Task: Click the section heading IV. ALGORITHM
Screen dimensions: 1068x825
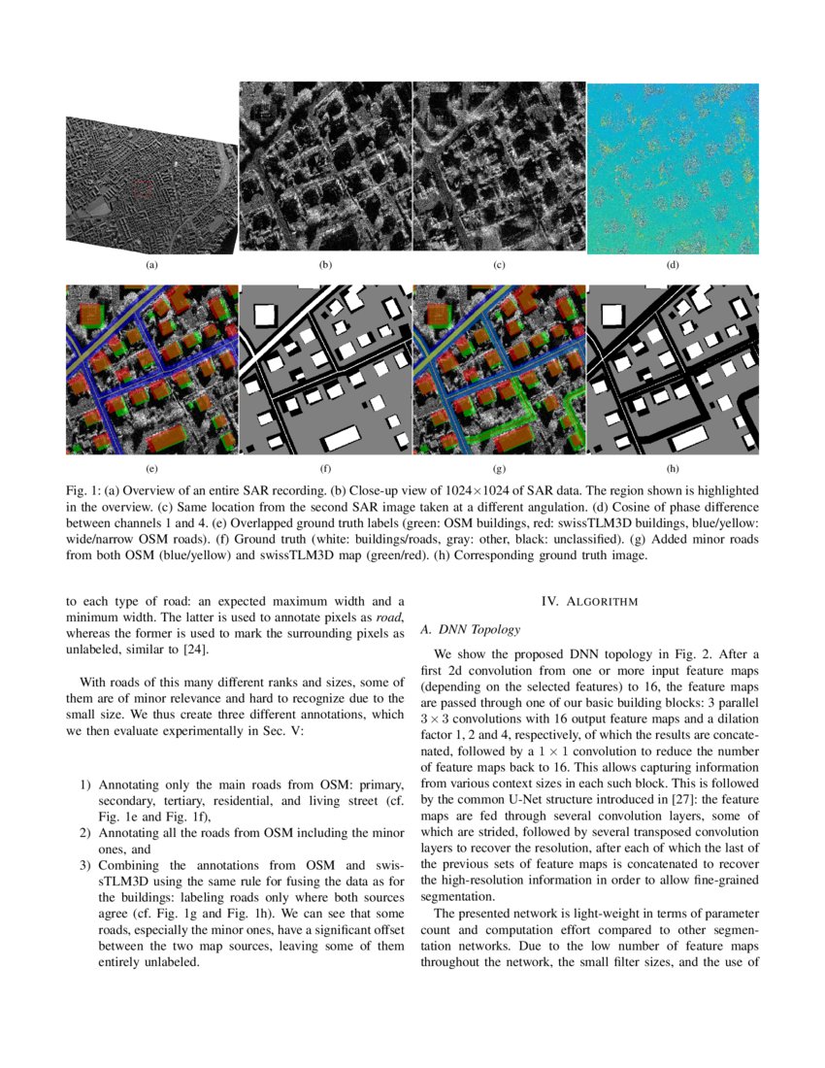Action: (x=589, y=602)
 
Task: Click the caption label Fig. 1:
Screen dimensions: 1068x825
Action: (x=83, y=491)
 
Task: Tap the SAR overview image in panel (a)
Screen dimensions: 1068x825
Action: (x=151, y=185)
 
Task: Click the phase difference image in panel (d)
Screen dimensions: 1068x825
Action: (x=673, y=168)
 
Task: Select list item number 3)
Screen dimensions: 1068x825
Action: (x=85, y=865)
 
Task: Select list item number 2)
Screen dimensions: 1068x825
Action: (x=85, y=833)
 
